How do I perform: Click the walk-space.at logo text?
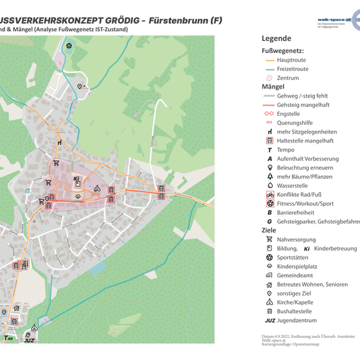point(334,20)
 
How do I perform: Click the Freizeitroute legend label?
point(292,68)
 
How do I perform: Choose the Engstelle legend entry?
point(288,113)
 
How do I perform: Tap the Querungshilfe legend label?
point(295,122)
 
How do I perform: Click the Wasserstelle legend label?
point(292,186)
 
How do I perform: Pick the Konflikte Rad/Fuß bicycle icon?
point(269,194)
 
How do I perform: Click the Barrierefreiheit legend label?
point(299,212)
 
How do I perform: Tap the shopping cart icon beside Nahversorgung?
point(269,239)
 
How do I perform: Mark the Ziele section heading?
point(270,230)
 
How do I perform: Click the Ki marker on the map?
point(77,178)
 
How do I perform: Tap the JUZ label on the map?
point(29,340)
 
